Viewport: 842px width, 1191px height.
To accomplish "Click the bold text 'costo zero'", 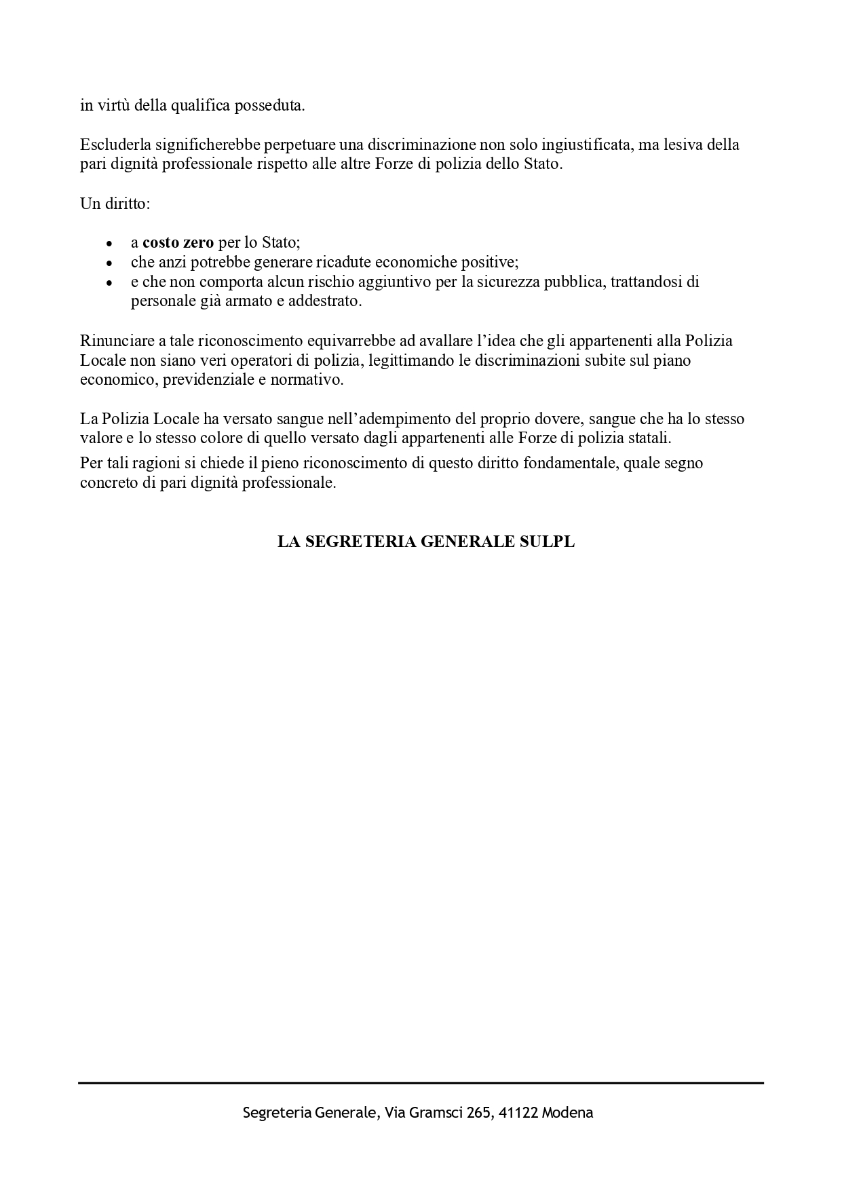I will pyautogui.click(x=178, y=242).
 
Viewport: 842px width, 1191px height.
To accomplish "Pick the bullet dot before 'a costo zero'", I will pyautogui.click(x=109, y=243).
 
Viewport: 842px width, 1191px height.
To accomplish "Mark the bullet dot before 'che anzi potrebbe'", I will pyautogui.click(x=109, y=263).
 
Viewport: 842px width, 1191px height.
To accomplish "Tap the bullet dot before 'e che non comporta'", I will pyautogui.click(x=109, y=282).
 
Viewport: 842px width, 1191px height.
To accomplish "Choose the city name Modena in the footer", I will pyautogui.click(x=568, y=1113).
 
